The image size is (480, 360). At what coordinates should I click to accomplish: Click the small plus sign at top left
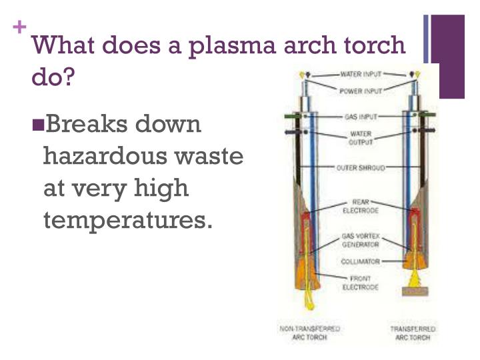(x=20, y=27)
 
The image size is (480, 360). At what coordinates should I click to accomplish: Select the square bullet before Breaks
(x=37, y=123)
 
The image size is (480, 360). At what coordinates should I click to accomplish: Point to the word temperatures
(x=127, y=220)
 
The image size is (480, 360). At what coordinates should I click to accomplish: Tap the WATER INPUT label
(x=360, y=74)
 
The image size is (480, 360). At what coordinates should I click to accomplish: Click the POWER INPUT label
(x=360, y=90)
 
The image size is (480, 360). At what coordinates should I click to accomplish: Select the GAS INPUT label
(x=361, y=116)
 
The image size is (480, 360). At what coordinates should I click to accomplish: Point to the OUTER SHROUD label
(x=361, y=167)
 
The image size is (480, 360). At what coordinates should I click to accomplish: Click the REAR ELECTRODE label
(x=361, y=206)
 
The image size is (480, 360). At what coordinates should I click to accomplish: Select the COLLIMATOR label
(x=361, y=261)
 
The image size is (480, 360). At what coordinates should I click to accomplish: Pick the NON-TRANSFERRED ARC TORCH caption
(x=309, y=333)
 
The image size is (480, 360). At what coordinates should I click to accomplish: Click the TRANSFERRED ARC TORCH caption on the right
(x=413, y=333)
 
